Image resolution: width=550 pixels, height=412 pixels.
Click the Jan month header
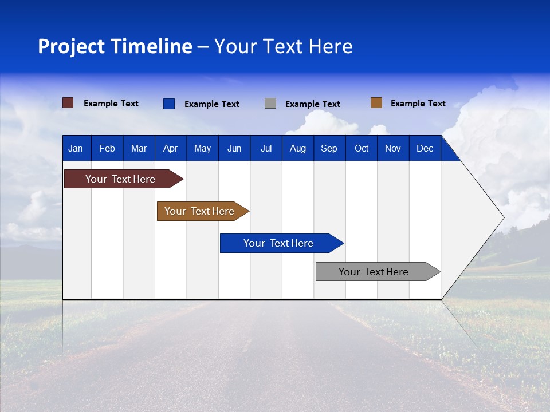click(x=76, y=148)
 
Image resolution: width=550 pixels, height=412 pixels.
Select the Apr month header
click(x=170, y=148)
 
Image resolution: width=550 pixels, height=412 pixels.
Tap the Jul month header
click(x=266, y=148)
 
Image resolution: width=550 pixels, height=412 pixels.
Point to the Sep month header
click(x=329, y=148)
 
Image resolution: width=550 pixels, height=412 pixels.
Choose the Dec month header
click(x=425, y=148)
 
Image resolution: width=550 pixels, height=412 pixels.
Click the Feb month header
click(x=107, y=148)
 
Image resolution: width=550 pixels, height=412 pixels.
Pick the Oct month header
click(x=362, y=148)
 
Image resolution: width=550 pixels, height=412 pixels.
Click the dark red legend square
click(x=68, y=103)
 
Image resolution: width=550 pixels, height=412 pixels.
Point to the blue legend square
click(x=169, y=104)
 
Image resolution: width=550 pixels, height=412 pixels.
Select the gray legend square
click(x=270, y=104)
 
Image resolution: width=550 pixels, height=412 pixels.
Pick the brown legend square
click(x=376, y=103)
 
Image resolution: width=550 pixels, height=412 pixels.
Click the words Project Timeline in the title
click(x=115, y=46)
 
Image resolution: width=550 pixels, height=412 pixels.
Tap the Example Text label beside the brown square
click(x=418, y=104)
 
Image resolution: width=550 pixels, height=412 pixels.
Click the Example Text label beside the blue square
click(x=211, y=104)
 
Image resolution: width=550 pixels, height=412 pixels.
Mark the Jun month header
click(x=234, y=148)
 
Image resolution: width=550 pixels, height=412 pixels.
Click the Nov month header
click(x=393, y=148)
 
